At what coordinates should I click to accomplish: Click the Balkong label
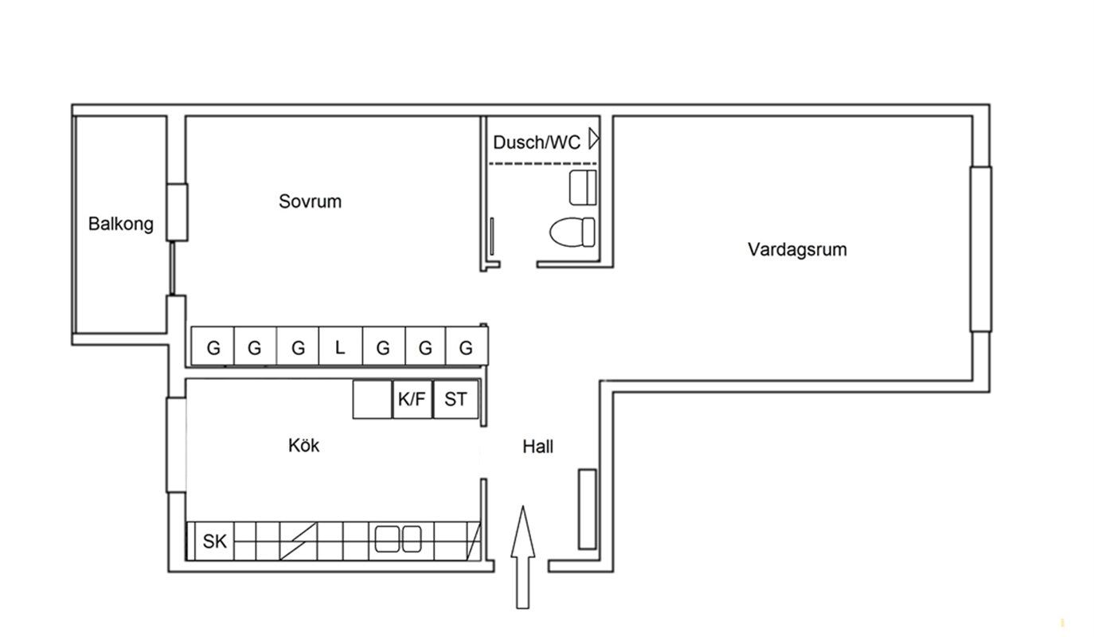[121, 225]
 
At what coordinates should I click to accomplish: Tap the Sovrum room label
[310, 201]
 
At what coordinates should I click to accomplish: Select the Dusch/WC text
[537, 143]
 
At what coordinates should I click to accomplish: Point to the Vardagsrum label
[797, 249]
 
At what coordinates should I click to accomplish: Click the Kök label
[304, 446]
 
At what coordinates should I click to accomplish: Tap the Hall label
[537, 447]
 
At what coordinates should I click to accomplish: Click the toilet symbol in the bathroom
[572, 232]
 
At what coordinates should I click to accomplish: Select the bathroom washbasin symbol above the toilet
[582, 187]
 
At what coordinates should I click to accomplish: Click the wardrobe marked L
[340, 347]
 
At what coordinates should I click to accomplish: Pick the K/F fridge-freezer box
[412, 399]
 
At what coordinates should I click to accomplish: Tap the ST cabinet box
[455, 399]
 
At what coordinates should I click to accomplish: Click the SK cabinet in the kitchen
[214, 541]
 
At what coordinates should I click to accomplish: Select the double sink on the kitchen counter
[398, 539]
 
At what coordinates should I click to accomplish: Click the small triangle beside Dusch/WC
[593, 139]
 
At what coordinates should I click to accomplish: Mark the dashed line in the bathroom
[541, 163]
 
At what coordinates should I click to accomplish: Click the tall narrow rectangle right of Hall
[587, 509]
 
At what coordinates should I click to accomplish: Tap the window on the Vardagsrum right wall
[980, 248]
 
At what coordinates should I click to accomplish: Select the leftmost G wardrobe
[213, 347]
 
